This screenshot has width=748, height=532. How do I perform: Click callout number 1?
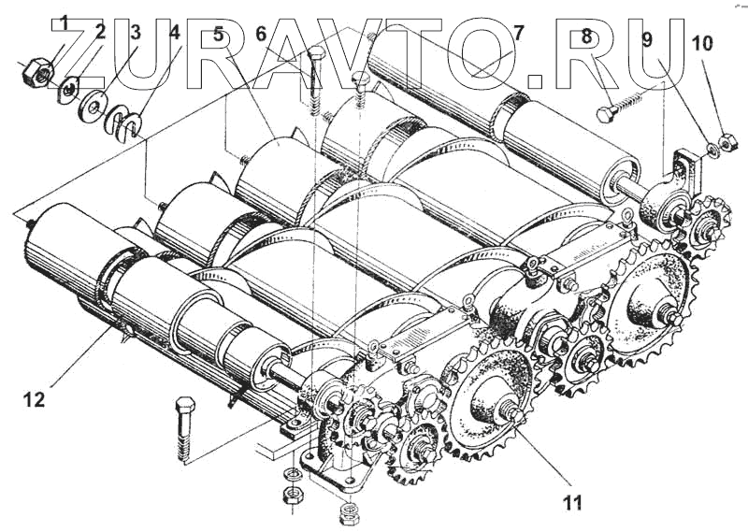click(65, 21)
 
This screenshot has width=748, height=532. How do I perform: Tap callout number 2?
click(101, 32)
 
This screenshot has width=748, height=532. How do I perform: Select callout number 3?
click(135, 32)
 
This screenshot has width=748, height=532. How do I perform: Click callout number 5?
click(219, 35)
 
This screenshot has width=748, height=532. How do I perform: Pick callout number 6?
click(261, 35)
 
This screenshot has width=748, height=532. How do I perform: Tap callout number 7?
click(517, 35)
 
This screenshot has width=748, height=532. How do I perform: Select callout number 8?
click(587, 36)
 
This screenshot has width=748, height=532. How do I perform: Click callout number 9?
click(647, 40)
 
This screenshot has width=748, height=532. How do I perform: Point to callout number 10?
click(701, 42)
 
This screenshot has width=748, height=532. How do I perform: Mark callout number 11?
click(572, 503)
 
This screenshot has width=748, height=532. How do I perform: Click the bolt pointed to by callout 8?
click(625, 105)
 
